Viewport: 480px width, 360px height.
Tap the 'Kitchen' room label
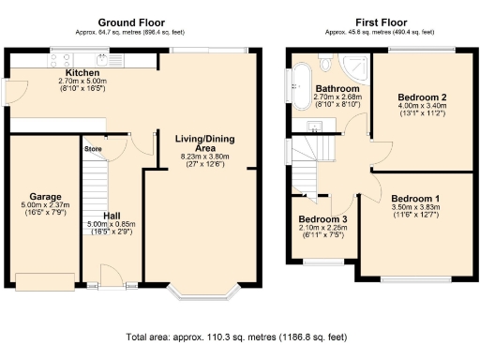[82, 73]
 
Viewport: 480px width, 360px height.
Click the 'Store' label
[93, 148]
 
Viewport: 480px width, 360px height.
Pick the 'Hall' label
[111, 214]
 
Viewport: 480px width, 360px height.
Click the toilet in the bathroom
[324, 62]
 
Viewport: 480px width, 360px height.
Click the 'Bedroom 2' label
[421, 97]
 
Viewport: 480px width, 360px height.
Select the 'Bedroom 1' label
[415, 199]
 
